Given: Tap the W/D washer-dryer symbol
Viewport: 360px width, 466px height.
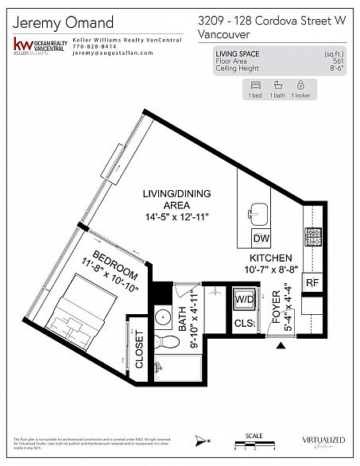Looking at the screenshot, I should pos(242,301).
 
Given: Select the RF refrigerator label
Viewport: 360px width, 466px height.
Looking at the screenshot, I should pos(312,282).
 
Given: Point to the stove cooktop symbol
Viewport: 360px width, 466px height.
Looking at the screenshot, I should pos(312,236).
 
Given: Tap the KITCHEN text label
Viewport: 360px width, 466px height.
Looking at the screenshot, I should pos(272,258).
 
